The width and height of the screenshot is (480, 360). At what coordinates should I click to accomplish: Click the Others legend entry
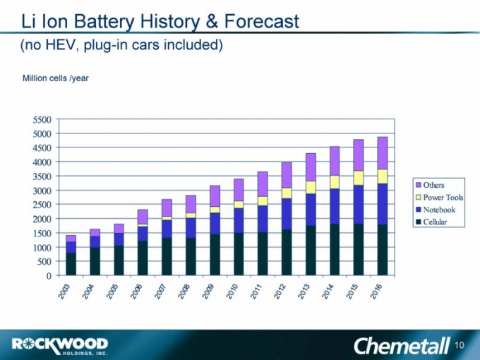(433, 185)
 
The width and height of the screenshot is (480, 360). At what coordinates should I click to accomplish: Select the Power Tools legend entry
(443, 198)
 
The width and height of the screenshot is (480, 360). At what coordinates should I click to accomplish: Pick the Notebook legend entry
(438, 210)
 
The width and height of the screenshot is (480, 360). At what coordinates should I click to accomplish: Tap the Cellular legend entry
(436, 222)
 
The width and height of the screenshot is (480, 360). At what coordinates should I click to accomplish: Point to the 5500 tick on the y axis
(42, 119)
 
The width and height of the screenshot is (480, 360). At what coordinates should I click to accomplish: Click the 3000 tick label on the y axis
(42, 191)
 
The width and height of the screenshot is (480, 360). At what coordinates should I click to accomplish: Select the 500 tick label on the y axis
(44, 262)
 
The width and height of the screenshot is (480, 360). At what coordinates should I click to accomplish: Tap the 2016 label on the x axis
(378, 289)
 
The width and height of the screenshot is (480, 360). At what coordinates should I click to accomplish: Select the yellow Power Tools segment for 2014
(335, 182)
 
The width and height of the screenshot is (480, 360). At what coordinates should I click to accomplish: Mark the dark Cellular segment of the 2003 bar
(71, 264)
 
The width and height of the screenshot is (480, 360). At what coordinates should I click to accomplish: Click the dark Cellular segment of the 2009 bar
(215, 255)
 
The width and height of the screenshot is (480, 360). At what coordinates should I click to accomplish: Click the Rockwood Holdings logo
(60, 345)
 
